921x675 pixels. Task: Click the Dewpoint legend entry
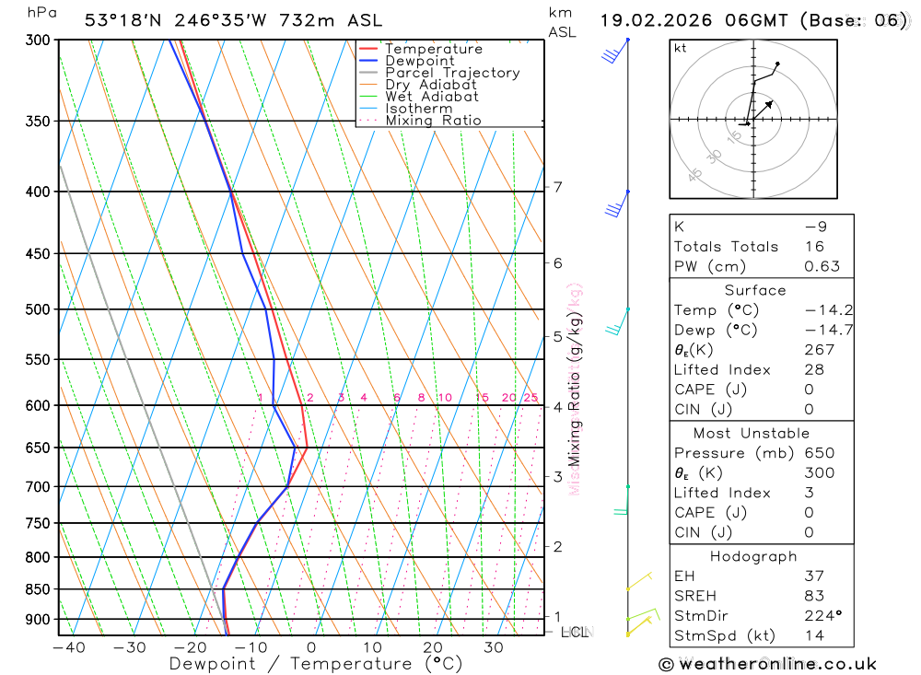click(x=419, y=61)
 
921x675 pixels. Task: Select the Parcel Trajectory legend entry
click(x=452, y=73)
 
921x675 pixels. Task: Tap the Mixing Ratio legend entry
click(x=433, y=120)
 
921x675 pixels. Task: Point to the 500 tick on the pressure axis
click(x=38, y=309)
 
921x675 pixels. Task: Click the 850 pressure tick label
click(x=38, y=589)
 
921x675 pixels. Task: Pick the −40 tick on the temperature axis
click(x=68, y=647)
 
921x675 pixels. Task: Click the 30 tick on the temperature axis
click(x=494, y=647)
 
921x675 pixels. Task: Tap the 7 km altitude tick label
click(x=558, y=188)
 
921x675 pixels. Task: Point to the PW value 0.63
click(x=822, y=266)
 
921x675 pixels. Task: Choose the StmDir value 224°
click(x=820, y=616)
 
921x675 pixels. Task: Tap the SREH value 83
click(x=814, y=596)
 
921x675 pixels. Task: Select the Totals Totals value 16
click(x=814, y=246)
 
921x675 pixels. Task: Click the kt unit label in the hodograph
click(x=681, y=48)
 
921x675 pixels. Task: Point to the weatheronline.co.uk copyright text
click(x=767, y=664)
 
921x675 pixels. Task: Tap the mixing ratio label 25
click(x=530, y=398)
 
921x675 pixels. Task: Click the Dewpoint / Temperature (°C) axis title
click(x=302, y=663)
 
